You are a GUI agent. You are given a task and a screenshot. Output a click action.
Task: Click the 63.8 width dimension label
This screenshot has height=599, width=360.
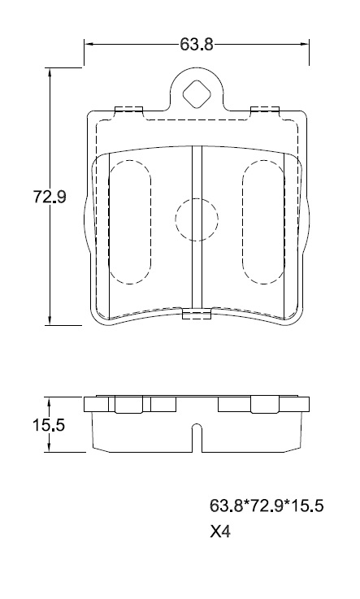196,45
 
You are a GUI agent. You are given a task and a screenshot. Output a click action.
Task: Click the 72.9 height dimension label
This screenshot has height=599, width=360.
50,197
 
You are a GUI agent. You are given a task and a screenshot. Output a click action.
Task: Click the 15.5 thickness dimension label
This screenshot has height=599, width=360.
48,425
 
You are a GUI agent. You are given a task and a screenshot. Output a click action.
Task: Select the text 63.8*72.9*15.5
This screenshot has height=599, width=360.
267,506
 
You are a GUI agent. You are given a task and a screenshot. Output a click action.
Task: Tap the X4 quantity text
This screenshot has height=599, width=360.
220,532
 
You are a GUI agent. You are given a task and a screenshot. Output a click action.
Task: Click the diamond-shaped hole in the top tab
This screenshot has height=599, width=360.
197,94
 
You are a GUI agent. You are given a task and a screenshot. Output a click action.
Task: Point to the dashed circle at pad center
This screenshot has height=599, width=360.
197,219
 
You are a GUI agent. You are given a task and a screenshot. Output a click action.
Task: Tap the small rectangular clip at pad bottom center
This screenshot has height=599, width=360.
197,314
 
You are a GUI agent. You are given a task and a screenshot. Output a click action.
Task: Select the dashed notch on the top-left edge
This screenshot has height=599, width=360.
128,110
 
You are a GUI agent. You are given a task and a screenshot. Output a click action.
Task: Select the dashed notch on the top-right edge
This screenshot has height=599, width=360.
265,110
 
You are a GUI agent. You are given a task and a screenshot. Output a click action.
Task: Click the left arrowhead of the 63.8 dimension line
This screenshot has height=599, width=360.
89,45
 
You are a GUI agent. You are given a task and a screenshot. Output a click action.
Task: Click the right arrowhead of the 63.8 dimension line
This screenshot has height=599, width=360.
304,45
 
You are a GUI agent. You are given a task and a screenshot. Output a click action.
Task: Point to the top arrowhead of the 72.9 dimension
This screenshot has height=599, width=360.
50,72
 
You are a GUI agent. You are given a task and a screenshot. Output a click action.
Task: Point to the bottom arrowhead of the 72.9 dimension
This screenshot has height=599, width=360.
50,320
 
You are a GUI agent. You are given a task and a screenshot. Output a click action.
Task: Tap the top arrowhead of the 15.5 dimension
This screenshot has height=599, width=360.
50,402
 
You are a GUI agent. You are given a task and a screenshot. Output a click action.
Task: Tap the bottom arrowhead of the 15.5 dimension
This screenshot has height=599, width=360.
50,448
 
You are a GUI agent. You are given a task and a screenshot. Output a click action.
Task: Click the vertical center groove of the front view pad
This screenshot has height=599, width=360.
197,228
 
